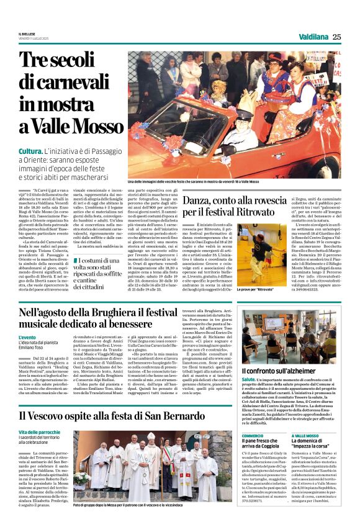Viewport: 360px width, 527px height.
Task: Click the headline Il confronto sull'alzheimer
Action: [x=277, y=371]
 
